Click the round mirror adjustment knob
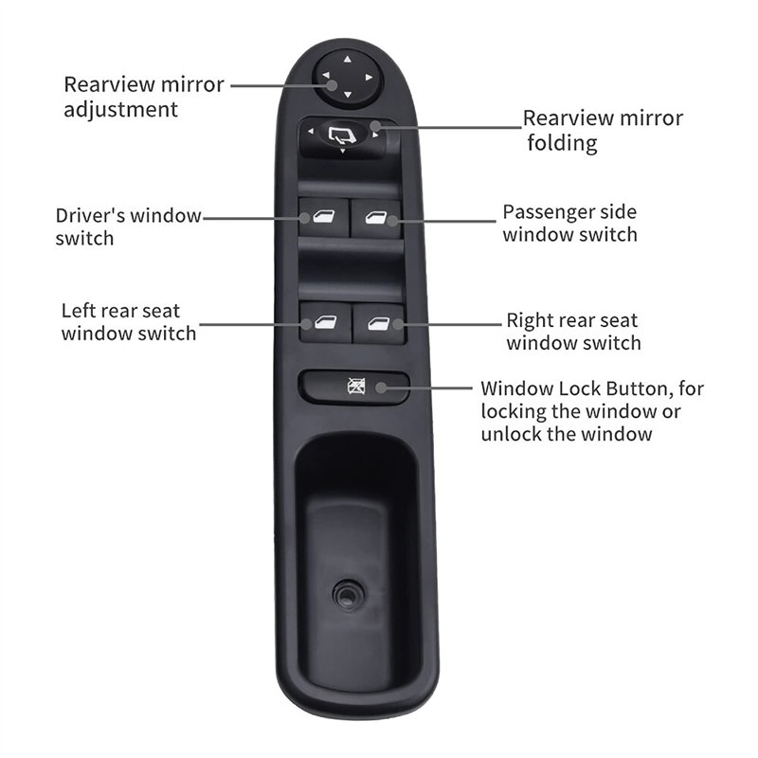tap(346, 76)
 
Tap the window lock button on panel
tap(354, 387)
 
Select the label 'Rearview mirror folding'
tap(603, 131)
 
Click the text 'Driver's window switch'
tap(128, 226)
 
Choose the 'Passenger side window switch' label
tap(569, 223)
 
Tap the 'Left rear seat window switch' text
tap(129, 321)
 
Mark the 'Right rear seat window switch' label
tap(572, 332)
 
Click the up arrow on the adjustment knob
tap(346, 59)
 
